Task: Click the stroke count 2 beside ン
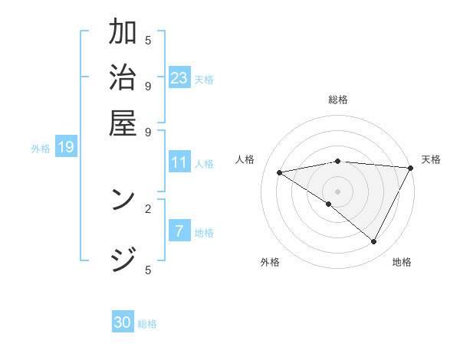point(147,208)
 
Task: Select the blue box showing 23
point(179,77)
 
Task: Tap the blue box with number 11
point(179,162)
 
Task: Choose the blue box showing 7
point(179,231)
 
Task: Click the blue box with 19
point(66,147)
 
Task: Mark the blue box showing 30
point(123,322)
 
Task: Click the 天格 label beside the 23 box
point(204,79)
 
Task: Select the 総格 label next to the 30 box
point(147,324)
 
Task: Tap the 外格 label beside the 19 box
point(41,149)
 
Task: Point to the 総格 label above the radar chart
point(338,100)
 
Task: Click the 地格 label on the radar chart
point(402,262)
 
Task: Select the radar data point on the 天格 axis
point(411,168)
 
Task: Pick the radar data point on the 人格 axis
point(280,172)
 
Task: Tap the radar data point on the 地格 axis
point(374,242)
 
